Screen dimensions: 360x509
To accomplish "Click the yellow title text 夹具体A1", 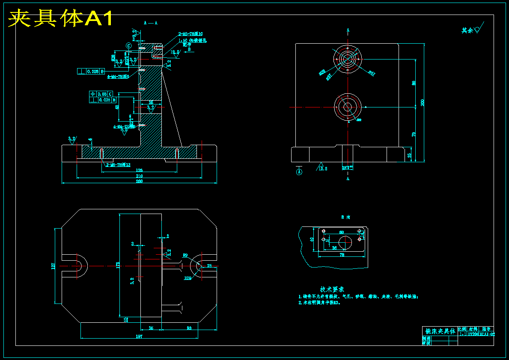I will [x=61, y=18].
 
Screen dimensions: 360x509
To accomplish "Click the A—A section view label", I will [x=151, y=23].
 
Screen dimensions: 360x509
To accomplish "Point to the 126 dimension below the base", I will [x=139, y=170].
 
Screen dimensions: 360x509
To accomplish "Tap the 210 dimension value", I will [x=139, y=176].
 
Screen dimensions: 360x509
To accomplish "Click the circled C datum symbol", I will [x=128, y=45].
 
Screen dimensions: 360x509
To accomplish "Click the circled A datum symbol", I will [x=299, y=172].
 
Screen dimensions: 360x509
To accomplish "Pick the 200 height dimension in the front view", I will [x=423, y=103].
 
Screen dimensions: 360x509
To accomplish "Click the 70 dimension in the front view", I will [x=414, y=134].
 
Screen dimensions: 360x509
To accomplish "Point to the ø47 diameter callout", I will [x=371, y=73].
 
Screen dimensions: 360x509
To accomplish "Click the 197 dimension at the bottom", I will [x=139, y=336].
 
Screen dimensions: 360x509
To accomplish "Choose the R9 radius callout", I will [x=185, y=255].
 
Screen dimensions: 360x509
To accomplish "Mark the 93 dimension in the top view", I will [x=189, y=328].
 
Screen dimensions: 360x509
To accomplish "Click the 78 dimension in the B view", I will [x=342, y=255].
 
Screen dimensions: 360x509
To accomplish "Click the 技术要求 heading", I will [x=332, y=289].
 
